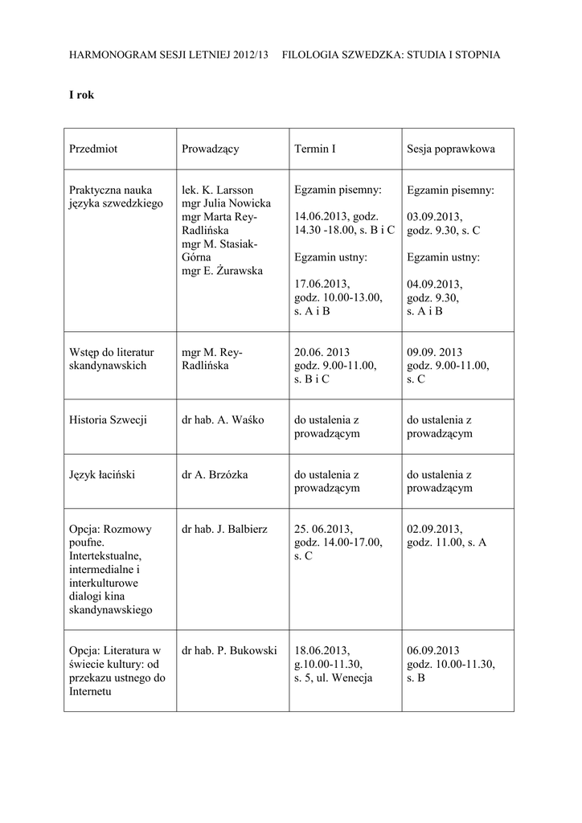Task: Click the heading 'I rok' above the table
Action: point(82,95)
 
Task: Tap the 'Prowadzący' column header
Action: point(211,149)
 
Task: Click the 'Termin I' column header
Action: point(315,149)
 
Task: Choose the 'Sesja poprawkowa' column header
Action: point(451,149)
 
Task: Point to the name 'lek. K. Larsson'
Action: point(218,190)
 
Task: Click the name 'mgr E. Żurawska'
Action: point(223,271)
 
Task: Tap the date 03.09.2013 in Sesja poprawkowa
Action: point(434,217)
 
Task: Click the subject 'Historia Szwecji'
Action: point(108,420)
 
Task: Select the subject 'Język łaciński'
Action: point(102,474)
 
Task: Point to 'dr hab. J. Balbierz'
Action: point(224,529)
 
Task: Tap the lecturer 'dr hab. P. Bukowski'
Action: point(230,650)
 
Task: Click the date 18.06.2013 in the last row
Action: point(322,650)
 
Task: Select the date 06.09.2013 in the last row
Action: point(433,650)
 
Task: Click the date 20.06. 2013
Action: point(322,352)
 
